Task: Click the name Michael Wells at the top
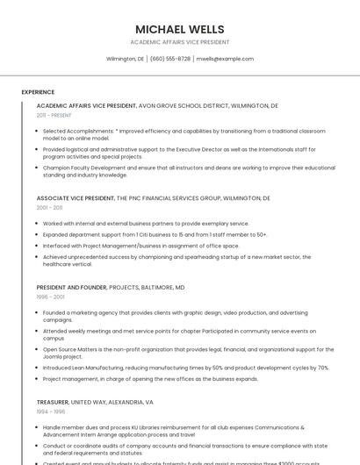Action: coord(180,29)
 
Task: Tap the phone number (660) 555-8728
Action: coord(170,59)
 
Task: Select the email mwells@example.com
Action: coord(225,59)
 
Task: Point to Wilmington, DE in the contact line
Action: coord(126,59)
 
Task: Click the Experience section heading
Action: coord(38,91)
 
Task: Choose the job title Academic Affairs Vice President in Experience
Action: coord(86,105)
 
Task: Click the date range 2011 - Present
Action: coord(54,115)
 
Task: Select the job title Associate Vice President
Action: coord(76,198)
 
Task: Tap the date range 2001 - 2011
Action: coord(50,208)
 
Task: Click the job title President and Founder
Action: coord(72,287)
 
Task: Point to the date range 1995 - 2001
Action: coord(50,297)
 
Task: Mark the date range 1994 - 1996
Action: coord(50,411)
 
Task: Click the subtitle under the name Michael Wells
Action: coord(180,42)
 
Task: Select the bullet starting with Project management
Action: coord(150,379)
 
